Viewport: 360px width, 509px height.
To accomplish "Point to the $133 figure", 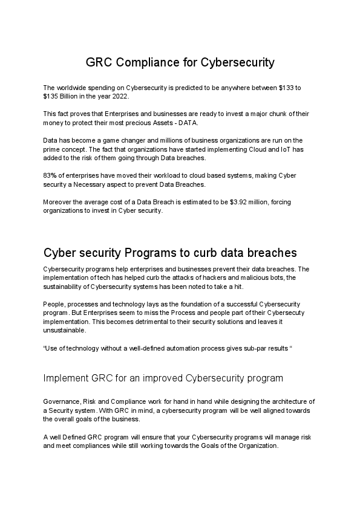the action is coord(286,88).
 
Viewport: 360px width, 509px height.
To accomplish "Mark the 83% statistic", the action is coord(51,175).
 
